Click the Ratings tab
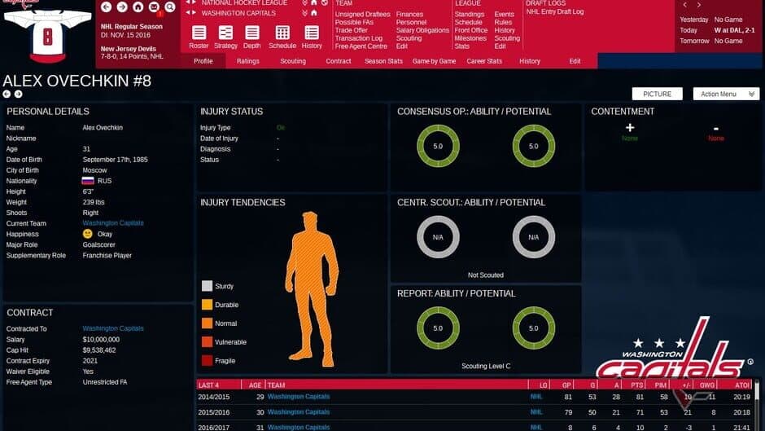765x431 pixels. pyautogui.click(x=248, y=61)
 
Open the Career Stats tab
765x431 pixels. pyautogui.click(x=483, y=61)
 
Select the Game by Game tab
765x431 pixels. pyautogui.click(x=434, y=61)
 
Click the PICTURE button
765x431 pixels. pyautogui.click(x=657, y=94)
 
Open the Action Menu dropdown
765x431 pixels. pyautogui.click(x=725, y=94)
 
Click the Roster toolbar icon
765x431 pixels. pyautogui.click(x=199, y=36)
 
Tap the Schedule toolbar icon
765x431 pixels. pyautogui.click(x=282, y=36)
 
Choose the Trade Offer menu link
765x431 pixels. pyautogui.click(x=352, y=30)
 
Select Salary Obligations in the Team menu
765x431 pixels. pyautogui.click(x=422, y=30)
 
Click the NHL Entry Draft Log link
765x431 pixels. pyautogui.click(x=554, y=12)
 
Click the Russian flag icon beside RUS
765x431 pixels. pyautogui.click(x=88, y=181)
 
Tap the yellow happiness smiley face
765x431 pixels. pyautogui.click(x=88, y=234)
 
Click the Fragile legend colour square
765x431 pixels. pyautogui.click(x=207, y=361)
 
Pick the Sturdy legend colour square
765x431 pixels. pyautogui.click(x=207, y=286)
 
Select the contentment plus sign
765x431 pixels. pyautogui.click(x=629, y=128)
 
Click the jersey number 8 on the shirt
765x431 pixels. pyautogui.click(x=46, y=36)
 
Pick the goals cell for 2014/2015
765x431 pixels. pyautogui.click(x=592, y=397)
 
